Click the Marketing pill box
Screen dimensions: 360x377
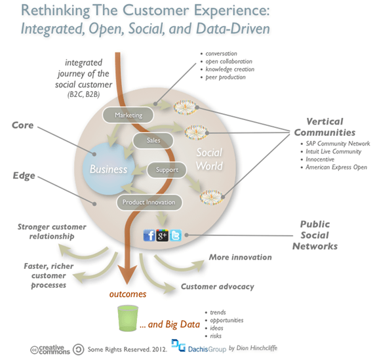tap(129, 115)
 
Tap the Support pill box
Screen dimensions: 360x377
tap(166, 170)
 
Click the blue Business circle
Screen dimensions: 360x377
tap(109, 169)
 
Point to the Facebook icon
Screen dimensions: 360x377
tap(150, 235)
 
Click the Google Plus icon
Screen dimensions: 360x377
tap(163, 235)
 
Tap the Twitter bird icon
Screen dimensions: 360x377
tap(175, 235)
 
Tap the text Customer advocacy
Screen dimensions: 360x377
tap(218, 287)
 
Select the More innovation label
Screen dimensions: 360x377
tap(241, 257)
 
